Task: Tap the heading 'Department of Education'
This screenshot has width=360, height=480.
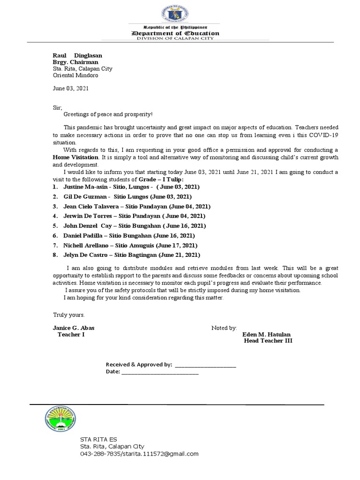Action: (181, 33)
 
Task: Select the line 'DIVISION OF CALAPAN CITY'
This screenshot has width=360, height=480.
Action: (181, 38)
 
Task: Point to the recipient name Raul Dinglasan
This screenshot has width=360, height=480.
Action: (77, 55)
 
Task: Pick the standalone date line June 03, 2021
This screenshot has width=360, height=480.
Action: (70, 88)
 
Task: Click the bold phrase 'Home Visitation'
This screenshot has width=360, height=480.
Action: (75, 157)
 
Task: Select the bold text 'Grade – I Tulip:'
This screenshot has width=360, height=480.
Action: (161, 180)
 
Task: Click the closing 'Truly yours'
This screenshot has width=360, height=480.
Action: (68, 315)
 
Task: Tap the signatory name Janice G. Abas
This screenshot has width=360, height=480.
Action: (74, 328)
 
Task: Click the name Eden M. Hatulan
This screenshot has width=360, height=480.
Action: (266, 334)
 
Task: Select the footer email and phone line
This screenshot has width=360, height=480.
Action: (139, 454)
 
